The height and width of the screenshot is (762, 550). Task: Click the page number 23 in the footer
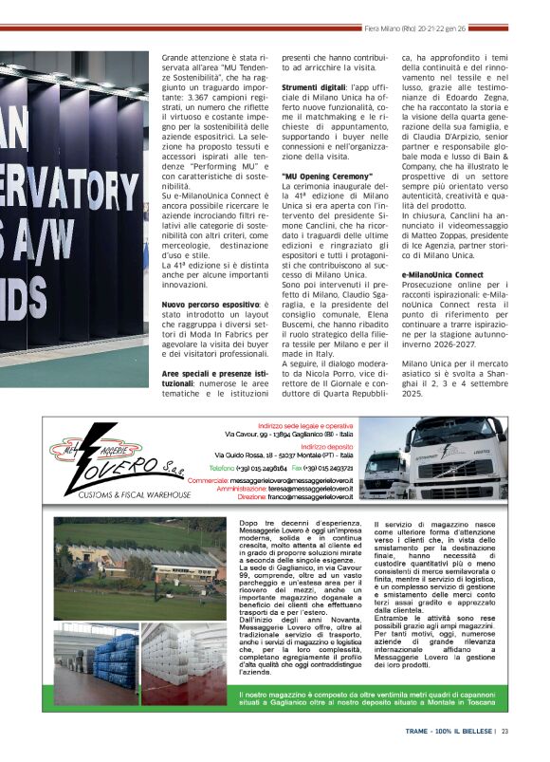505,731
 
